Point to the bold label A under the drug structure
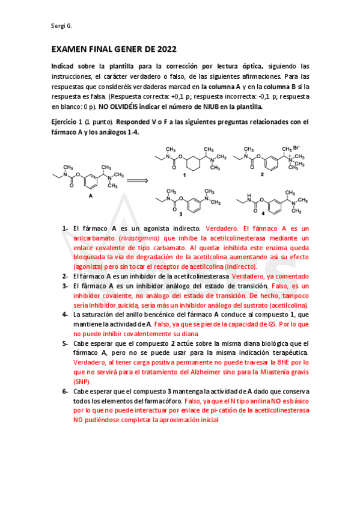coord(91,197)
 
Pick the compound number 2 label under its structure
coord(262,175)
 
